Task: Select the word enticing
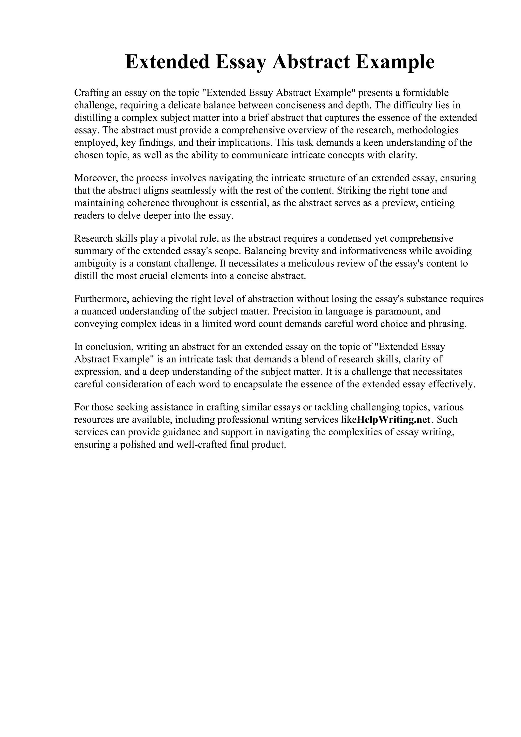click(x=438, y=203)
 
